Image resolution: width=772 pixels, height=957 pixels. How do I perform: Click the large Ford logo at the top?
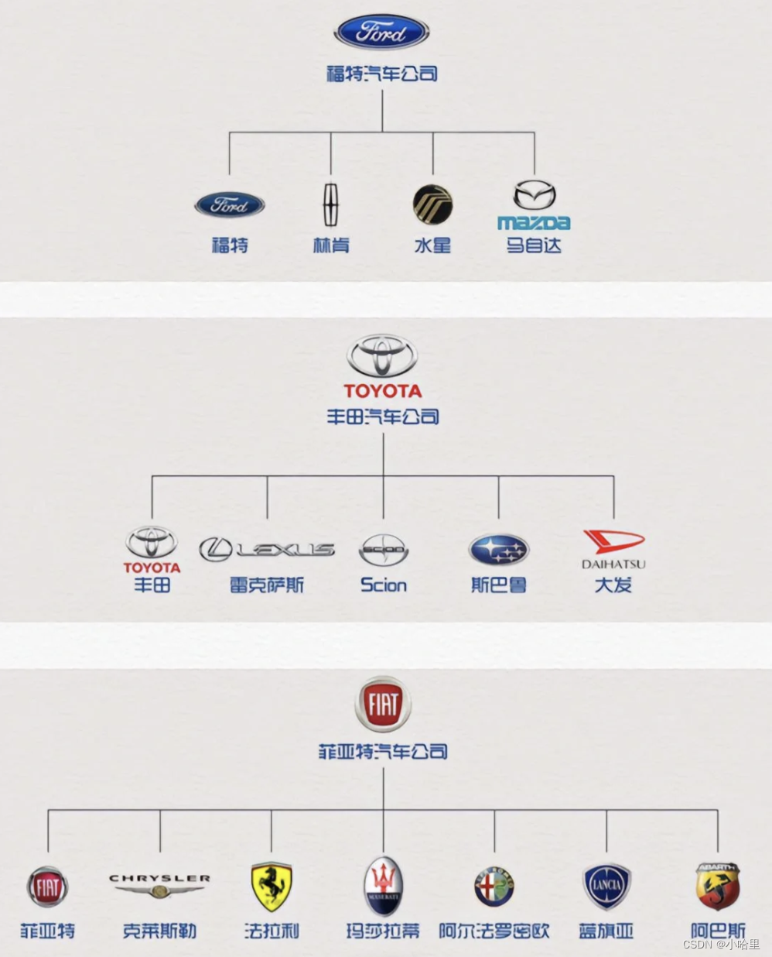pos(381,33)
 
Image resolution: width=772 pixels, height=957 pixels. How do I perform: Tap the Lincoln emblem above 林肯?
pos(331,204)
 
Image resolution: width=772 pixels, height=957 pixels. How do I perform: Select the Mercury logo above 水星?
pos(432,205)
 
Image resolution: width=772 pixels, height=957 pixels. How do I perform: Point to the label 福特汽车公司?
pos(382,74)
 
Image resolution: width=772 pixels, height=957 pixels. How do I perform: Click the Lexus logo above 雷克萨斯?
pos(267,550)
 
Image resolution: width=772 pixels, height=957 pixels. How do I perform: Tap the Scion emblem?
pos(383,551)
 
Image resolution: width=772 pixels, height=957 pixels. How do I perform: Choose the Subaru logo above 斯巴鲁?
pos(498,550)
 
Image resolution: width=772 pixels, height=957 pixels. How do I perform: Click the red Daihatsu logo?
pos(613,541)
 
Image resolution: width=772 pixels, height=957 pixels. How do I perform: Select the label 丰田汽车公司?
pos(383,417)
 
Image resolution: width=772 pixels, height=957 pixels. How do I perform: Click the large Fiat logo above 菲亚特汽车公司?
pos(383,705)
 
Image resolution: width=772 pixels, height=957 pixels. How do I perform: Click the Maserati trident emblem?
pos(383,887)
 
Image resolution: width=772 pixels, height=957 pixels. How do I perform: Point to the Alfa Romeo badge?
pos(494,887)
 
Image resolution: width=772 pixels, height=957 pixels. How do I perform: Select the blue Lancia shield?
pos(606,887)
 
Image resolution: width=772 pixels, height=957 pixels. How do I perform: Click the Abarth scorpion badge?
pos(718,887)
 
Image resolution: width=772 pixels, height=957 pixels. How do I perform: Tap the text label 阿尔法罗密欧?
pos(494,931)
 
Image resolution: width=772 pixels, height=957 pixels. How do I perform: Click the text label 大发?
pos(613,585)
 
